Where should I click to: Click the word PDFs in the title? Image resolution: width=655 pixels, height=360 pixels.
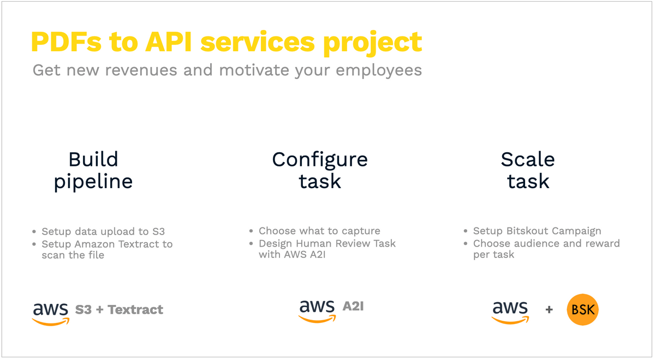click(66, 42)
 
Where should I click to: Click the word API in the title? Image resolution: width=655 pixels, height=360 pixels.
click(169, 42)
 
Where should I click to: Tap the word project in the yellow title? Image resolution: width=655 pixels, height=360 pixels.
click(372, 43)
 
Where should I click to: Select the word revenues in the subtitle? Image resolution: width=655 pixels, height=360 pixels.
click(141, 70)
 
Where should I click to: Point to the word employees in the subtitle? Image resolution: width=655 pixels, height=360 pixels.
click(379, 71)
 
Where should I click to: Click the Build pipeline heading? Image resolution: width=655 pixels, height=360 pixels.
click(93, 171)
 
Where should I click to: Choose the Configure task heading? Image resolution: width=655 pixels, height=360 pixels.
click(320, 170)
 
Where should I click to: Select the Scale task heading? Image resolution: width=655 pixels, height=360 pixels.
click(528, 170)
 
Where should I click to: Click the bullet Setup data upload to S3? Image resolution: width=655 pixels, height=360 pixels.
click(103, 231)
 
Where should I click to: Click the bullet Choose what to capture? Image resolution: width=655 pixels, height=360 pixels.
click(319, 231)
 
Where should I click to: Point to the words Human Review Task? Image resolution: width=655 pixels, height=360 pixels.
click(346, 243)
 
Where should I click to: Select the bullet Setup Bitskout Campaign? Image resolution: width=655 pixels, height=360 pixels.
click(537, 231)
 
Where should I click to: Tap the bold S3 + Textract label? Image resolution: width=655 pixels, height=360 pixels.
click(119, 310)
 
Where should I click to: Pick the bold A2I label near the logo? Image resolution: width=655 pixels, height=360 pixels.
click(353, 306)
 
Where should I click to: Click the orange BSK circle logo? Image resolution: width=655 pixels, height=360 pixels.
click(582, 309)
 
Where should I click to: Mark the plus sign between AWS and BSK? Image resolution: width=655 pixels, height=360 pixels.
click(549, 309)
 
